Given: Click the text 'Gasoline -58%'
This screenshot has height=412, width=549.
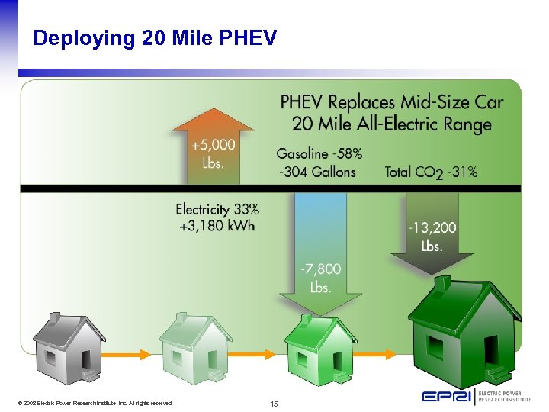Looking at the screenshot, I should (x=319, y=153).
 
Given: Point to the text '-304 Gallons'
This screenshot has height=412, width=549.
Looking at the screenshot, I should (x=316, y=171).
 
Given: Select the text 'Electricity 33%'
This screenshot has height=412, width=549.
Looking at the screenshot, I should (x=217, y=208).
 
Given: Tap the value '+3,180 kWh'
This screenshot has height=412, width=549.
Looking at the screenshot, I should (x=215, y=225).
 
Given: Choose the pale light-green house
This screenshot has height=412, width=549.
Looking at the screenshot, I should (x=196, y=347).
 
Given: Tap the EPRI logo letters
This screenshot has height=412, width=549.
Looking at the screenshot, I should (x=448, y=396).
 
